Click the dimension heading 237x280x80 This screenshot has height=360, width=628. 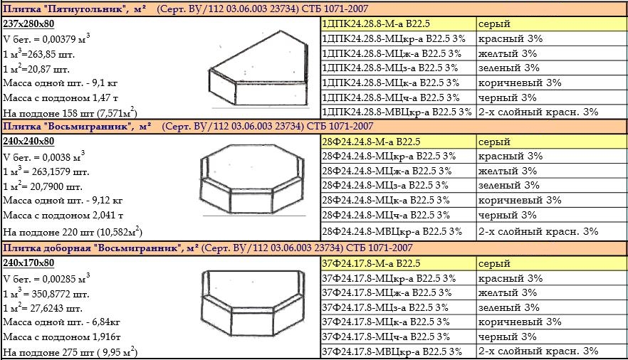pos(28,24)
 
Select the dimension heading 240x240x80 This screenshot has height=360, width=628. pos(28,142)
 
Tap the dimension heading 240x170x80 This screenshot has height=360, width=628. pos(28,263)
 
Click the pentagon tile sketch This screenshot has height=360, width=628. pos(259,69)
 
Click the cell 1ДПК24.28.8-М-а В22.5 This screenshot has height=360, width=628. pos(376,24)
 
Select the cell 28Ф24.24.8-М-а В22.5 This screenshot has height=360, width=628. pos(371,142)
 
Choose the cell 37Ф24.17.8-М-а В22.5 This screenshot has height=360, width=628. pos(371,263)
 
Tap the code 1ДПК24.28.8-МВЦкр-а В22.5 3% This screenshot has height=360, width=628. pos(397,112)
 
